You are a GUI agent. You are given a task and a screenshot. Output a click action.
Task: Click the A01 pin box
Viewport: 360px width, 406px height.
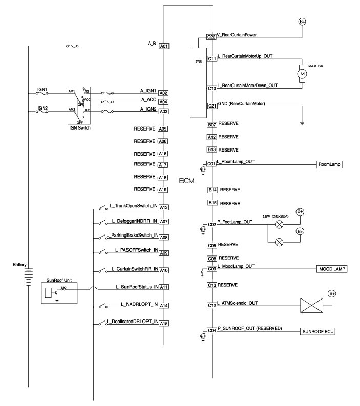pos(164,46)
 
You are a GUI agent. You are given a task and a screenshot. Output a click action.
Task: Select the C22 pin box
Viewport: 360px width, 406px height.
pos(211,37)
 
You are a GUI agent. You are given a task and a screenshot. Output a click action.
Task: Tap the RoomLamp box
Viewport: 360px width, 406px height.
pos(329,165)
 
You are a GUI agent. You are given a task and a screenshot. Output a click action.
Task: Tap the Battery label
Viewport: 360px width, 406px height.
pos(22,265)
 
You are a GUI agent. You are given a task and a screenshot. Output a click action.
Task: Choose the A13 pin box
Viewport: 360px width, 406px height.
pos(164,207)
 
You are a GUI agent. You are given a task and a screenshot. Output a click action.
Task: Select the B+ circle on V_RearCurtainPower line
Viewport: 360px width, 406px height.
pos(302,22)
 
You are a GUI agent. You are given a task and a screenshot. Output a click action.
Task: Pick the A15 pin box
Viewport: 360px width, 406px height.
pos(164,323)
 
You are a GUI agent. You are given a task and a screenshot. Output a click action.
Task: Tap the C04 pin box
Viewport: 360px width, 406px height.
pos(211,331)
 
